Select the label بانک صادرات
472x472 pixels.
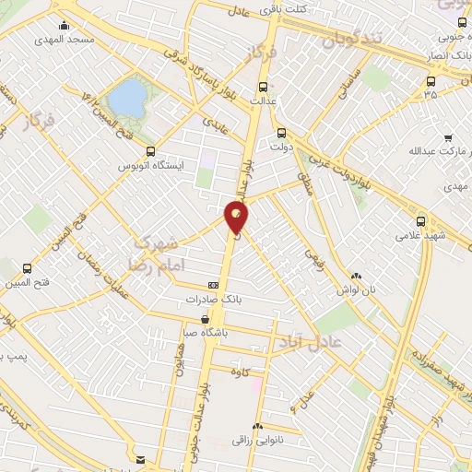[212, 300]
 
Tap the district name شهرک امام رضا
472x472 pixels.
[154, 253]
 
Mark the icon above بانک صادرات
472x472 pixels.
[213, 285]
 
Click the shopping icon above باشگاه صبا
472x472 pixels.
[205, 320]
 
